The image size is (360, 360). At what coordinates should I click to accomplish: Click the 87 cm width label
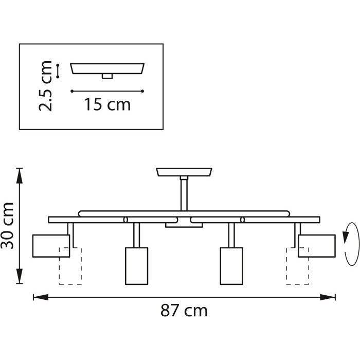pyautogui.click(x=184, y=311)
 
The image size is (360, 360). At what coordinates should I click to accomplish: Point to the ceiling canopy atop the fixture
pyautogui.click(x=184, y=171)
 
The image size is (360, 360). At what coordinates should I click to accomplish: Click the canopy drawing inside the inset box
pyautogui.click(x=107, y=68)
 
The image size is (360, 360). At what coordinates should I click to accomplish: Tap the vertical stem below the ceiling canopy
pyautogui.click(x=184, y=193)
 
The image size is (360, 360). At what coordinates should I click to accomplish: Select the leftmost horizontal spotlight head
pyautogui.click(x=51, y=245)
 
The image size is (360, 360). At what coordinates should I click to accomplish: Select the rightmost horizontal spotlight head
pyautogui.click(x=316, y=245)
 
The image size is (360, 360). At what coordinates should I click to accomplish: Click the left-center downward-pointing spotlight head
pyautogui.click(x=137, y=265)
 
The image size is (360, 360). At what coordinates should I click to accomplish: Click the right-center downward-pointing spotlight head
pyautogui.click(x=231, y=265)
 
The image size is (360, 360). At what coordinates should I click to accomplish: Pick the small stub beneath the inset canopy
pyautogui.click(x=107, y=76)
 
